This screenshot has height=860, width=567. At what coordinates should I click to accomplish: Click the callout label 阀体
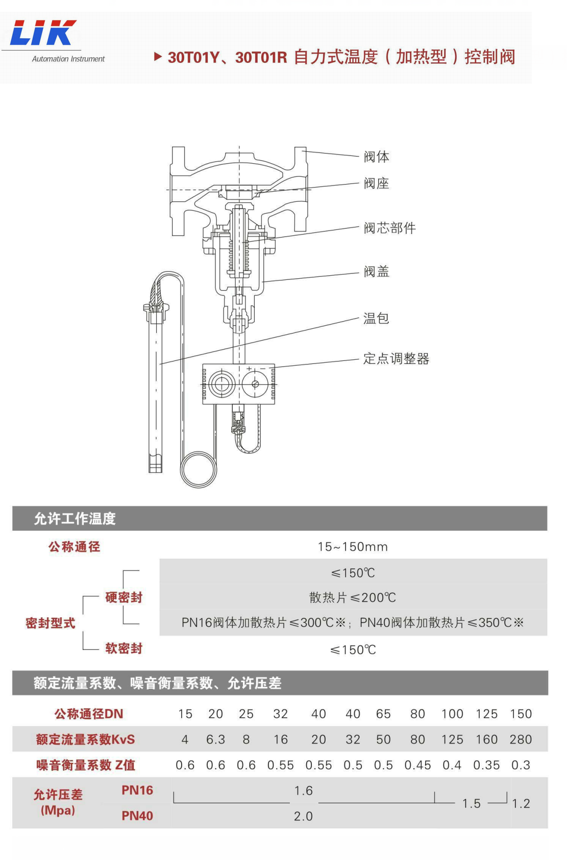pos(376,157)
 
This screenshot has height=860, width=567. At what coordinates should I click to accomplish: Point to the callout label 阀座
pos(376,184)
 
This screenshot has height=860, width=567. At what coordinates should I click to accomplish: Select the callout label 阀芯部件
pos(389,228)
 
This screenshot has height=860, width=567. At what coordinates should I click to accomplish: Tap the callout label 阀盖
pos(376,272)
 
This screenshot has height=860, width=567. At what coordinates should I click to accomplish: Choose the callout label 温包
pos(376,319)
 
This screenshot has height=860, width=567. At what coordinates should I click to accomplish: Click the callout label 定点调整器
pos(396,359)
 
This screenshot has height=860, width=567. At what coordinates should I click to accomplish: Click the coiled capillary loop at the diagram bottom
pos(199,470)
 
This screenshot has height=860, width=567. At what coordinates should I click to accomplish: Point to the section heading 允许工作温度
pos(75,518)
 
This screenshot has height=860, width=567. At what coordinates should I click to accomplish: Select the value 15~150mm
pos(353,547)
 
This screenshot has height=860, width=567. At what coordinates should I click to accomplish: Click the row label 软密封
pos(124,648)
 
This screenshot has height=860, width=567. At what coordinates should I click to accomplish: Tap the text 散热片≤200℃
pos(353,597)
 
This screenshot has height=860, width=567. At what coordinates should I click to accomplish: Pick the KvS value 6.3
pos(215,739)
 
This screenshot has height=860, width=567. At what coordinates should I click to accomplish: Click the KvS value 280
pos(521,739)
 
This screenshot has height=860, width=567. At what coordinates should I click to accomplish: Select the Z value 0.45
pos(417,765)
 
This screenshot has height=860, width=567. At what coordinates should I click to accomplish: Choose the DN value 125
pos(486,714)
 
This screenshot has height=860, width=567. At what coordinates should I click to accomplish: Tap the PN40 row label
pos(137,816)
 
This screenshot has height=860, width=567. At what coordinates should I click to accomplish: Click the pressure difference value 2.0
pos(303,816)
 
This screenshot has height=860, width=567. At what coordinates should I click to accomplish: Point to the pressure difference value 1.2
pos(521,803)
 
